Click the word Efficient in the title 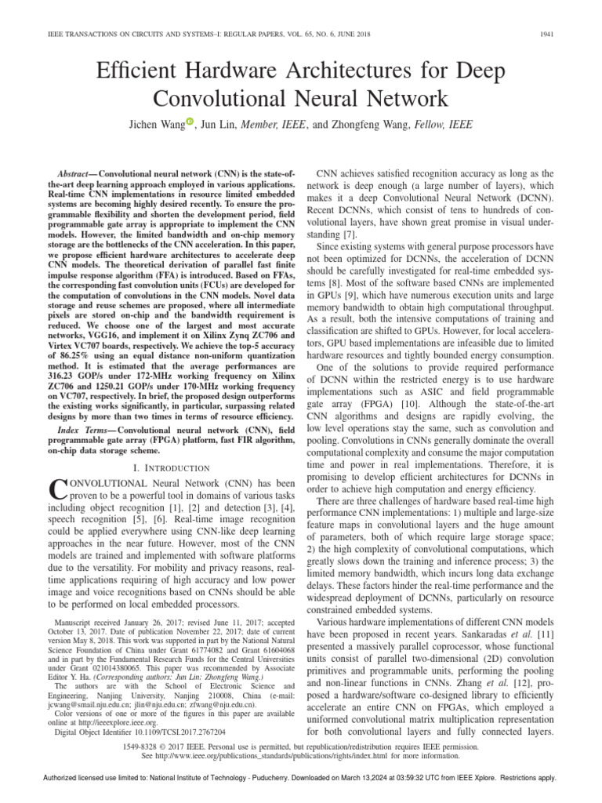pos(138,71)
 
